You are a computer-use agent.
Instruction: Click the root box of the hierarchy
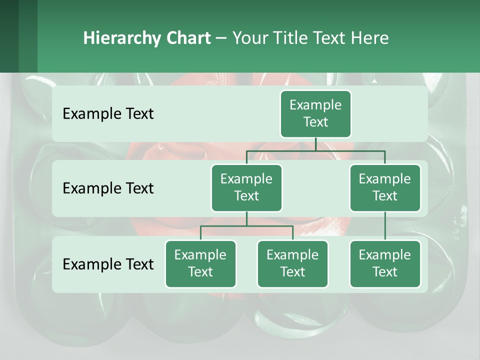pyautogui.click(x=315, y=114)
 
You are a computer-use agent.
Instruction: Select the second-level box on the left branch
pyautogui.click(x=246, y=188)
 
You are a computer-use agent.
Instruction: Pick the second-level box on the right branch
pyautogui.click(x=385, y=188)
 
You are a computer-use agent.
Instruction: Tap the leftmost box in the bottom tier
pyautogui.click(x=200, y=264)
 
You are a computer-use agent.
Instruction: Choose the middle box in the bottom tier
pyautogui.click(x=292, y=264)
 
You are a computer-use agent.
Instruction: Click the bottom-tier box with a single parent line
pyautogui.click(x=385, y=264)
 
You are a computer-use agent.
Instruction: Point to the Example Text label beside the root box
pyautogui.click(x=108, y=114)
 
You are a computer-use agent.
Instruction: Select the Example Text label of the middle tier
pyautogui.click(x=108, y=188)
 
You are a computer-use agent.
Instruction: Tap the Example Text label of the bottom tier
pyautogui.click(x=108, y=264)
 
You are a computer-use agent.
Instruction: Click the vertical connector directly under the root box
pyautogui.click(x=315, y=144)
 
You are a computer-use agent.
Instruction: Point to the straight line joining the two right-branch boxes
pyautogui.click(x=385, y=226)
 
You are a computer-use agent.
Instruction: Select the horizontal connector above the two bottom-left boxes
pyautogui.click(x=246, y=226)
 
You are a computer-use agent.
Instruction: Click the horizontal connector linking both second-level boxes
pyautogui.click(x=315, y=150)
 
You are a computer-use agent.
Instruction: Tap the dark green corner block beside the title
pyautogui.click(x=18, y=36)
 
